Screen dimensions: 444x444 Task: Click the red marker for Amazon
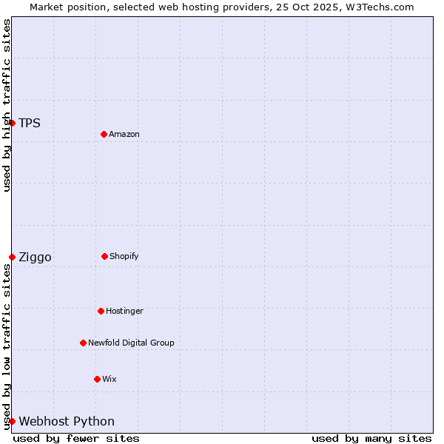(104, 134)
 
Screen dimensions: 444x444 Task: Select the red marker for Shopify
(104, 256)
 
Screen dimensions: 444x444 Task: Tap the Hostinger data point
(101, 311)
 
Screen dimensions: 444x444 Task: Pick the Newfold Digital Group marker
(83, 343)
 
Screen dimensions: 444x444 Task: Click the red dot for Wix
(97, 379)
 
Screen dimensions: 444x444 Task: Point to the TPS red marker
(13, 123)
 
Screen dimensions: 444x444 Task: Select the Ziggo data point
(13, 257)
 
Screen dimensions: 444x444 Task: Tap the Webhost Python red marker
(13, 421)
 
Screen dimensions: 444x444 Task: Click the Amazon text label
(124, 134)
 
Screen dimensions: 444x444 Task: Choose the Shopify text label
(124, 256)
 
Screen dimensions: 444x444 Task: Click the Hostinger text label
(124, 311)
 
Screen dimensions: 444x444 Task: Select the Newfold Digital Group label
(131, 343)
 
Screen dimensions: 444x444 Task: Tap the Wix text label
(110, 379)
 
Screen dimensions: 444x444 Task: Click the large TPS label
(30, 123)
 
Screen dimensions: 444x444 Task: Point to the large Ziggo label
(35, 258)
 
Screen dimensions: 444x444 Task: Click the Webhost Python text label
(67, 422)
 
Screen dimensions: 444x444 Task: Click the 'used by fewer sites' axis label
(76, 438)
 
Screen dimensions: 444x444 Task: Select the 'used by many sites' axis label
(371, 438)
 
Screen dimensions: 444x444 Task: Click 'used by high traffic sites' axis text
(7, 105)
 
